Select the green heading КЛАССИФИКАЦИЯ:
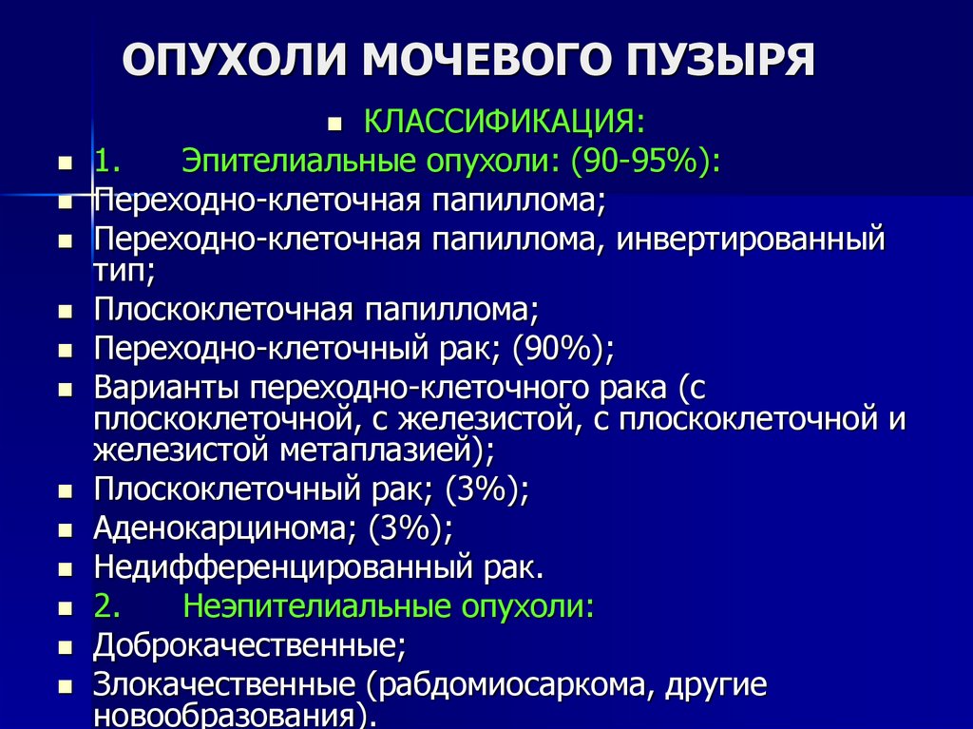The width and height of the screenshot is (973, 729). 505,121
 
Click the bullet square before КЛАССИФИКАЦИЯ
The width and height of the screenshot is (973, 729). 335,125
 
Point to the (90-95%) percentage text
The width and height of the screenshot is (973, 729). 645,162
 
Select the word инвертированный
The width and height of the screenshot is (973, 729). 751,240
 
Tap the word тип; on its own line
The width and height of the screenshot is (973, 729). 124,272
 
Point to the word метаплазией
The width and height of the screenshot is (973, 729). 376,451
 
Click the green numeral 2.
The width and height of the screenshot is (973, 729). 106,606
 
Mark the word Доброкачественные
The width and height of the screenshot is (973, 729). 250,645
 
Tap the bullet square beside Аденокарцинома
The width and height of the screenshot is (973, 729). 66,531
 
